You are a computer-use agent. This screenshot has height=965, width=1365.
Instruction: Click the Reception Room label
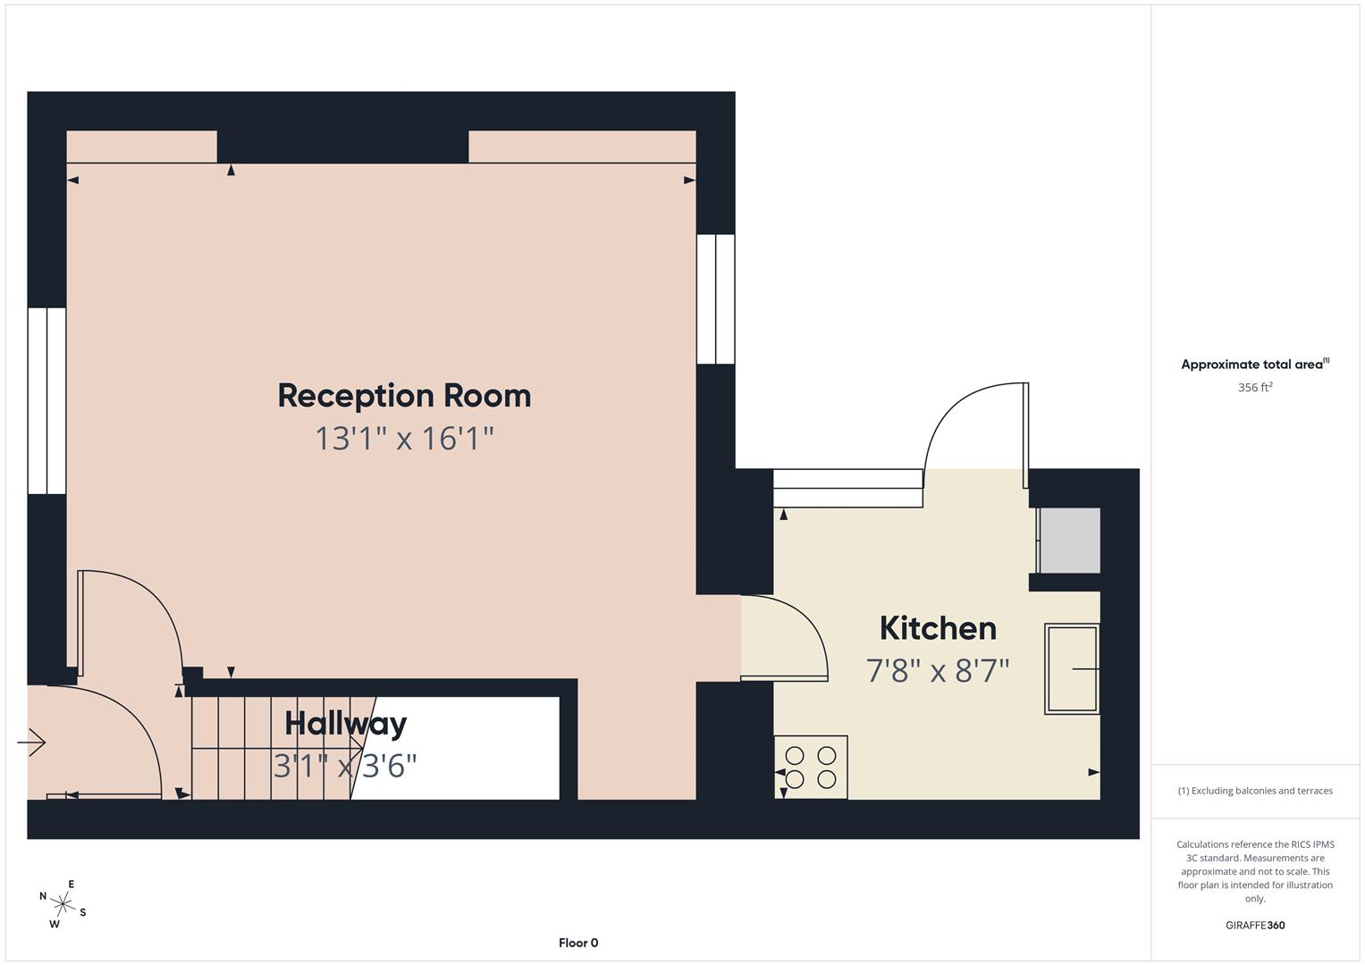pyautogui.click(x=404, y=396)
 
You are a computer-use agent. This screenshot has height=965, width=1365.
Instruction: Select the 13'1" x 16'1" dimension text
pyautogui.click(x=404, y=439)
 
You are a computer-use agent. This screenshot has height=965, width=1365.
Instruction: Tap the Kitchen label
pyautogui.click(x=938, y=628)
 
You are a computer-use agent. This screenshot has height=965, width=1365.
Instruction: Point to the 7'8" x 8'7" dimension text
pyautogui.click(x=938, y=670)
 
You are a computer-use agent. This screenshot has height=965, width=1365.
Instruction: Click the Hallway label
pyautogui.click(x=345, y=724)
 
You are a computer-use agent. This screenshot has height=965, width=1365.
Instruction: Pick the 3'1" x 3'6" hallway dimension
pyautogui.click(x=345, y=766)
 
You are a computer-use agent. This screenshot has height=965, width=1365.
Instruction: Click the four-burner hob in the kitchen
pyautogui.click(x=811, y=767)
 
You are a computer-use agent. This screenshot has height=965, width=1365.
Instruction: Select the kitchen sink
pyautogui.click(x=1072, y=668)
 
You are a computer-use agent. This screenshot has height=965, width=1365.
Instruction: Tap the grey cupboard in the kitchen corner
pyautogui.click(x=1069, y=541)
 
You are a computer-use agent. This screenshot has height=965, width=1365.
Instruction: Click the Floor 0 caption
pyautogui.click(x=578, y=943)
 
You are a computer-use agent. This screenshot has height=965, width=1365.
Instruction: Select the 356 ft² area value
pyautogui.click(x=1254, y=388)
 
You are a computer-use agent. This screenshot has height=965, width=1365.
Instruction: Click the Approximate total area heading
pyautogui.click(x=1254, y=365)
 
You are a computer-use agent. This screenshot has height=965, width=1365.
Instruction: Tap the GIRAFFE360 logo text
pyautogui.click(x=1254, y=925)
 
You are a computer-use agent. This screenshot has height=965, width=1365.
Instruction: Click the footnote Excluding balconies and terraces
pyautogui.click(x=1254, y=791)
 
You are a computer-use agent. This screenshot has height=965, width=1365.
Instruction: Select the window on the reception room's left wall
pyautogui.click(x=46, y=400)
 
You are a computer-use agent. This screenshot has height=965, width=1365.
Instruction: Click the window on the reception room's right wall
pyautogui.click(x=715, y=299)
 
